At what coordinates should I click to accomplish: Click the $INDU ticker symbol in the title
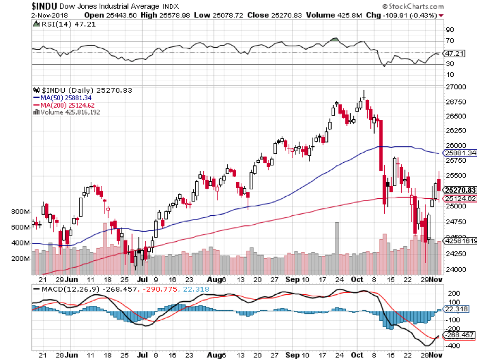[17, 5]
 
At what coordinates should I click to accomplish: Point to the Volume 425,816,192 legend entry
[66, 112]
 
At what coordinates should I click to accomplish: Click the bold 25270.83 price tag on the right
[459, 190]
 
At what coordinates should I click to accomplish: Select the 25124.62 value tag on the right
[459, 199]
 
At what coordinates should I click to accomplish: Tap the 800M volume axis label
[20, 212]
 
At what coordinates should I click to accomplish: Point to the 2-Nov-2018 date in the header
[18, 15]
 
